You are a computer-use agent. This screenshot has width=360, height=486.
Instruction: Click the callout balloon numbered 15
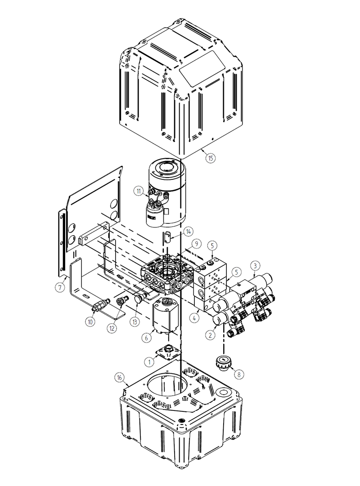tap(211, 158)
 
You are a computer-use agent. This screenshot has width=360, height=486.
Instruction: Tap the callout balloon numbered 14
tap(188, 232)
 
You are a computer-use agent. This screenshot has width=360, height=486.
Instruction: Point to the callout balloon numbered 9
tap(195, 244)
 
